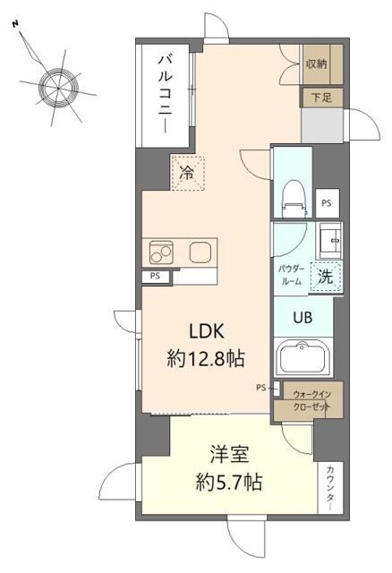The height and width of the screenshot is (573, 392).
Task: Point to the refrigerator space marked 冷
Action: [x=186, y=173]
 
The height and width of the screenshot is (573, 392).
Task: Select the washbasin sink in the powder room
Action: [x=329, y=239]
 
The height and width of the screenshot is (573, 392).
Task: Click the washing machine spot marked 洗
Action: [x=327, y=277]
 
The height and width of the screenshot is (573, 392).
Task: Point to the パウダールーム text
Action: [x=290, y=274]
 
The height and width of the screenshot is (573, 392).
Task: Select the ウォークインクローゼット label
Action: [x=312, y=399]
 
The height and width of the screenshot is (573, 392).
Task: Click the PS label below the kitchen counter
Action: [x=156, y=278]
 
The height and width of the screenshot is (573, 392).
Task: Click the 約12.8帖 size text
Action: [x=206, y=359]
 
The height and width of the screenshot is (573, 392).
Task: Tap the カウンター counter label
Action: [x=330, y=486]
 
